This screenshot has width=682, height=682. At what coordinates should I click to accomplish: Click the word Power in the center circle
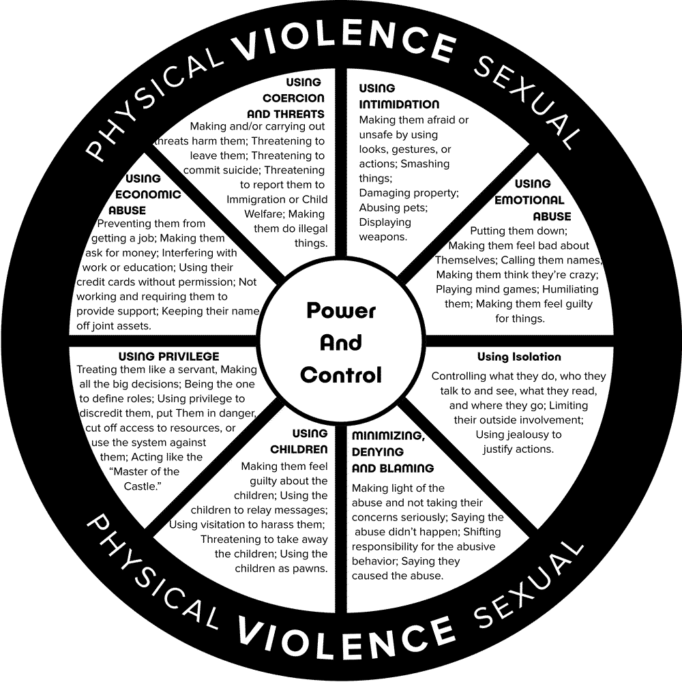(x=341, y=311)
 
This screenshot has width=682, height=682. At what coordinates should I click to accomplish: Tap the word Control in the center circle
(x=341, y=374)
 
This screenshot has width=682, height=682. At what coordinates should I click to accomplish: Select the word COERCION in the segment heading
(x=285, y=98)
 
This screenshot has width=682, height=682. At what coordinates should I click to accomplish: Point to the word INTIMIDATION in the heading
(x=399, y=104)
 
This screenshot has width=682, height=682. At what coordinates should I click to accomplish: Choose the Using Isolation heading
(x=518, y=357)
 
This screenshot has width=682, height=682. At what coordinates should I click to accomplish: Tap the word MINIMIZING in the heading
(x=388, y=435)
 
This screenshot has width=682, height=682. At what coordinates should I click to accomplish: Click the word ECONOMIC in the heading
(x=153, y=194)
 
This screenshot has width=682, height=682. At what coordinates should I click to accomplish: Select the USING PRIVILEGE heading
(x=168, y=356)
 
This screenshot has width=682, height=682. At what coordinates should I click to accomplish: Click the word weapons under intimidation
(x=383, y=237)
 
